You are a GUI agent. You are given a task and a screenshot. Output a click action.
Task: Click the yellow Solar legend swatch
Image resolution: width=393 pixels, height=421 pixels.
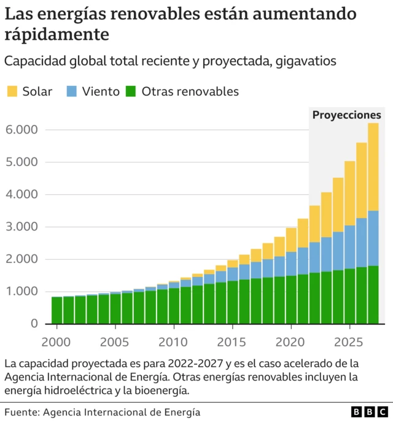point(12,91)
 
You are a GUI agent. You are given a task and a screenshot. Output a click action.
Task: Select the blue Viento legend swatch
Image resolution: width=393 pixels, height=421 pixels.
point(72,91)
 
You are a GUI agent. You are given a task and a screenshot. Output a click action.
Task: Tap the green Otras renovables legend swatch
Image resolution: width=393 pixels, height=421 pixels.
point(131,91)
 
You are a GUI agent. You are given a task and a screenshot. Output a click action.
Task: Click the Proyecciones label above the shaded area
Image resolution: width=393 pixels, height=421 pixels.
point(346,115)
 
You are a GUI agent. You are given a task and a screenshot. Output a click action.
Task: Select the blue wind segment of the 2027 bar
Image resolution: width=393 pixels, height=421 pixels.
point(373,238)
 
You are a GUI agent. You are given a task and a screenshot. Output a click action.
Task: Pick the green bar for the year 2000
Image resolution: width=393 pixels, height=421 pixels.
point(56,310)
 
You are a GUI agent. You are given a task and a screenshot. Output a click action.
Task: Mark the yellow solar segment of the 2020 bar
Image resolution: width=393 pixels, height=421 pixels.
point(291,240)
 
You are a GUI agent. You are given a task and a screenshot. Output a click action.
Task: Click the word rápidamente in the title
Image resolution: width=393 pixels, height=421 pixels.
point(57,34)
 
